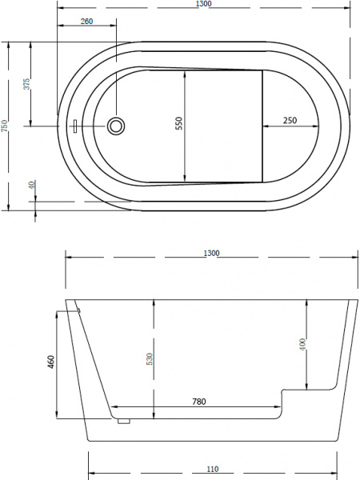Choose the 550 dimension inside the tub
pos(180,124)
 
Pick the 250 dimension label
pos(290,120)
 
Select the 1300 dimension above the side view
pos(211,253)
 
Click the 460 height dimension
pos(50,362)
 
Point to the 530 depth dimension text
pos(149,359)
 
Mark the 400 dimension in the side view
pos(302,345)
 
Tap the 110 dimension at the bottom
pos(211,468)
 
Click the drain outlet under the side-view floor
pos(123,420)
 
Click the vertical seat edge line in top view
pos(263,124)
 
